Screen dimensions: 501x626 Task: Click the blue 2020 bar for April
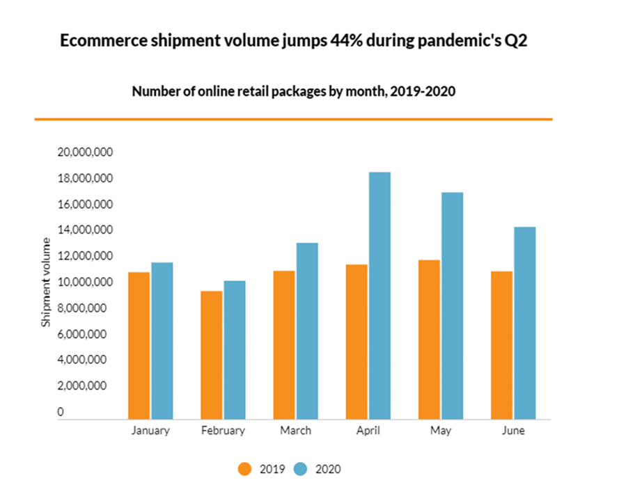[x=379, y=296]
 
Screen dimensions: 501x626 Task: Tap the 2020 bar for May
[x=452, y=305]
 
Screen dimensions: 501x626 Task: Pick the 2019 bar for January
[x=139, y=346]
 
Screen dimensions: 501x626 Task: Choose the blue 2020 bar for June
[x=524, y=323]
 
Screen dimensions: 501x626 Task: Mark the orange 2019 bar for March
[x=283, y=344]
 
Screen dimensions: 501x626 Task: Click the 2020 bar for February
[x=235, y=350]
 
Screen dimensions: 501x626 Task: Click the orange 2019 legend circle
[x=244, y=469]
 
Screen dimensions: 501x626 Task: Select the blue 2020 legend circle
[x=302, y=469]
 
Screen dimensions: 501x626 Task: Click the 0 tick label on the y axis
[x=61, y=412]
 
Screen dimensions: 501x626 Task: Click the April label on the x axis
[x=368, y=431]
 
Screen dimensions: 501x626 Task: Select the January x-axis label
[x=150, y=431]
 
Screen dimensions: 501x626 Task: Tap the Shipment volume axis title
[x=47, y=282]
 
